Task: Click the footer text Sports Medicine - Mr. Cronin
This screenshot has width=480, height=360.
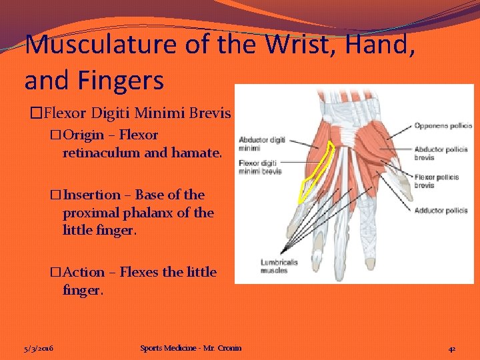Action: point(191,348)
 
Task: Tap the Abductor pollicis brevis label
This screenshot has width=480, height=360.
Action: point(440,153)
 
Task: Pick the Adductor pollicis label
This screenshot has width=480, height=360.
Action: point(440,211)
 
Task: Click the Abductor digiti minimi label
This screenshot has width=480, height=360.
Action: point(261,143)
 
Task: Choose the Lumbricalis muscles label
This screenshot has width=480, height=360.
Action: point(274,267)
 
